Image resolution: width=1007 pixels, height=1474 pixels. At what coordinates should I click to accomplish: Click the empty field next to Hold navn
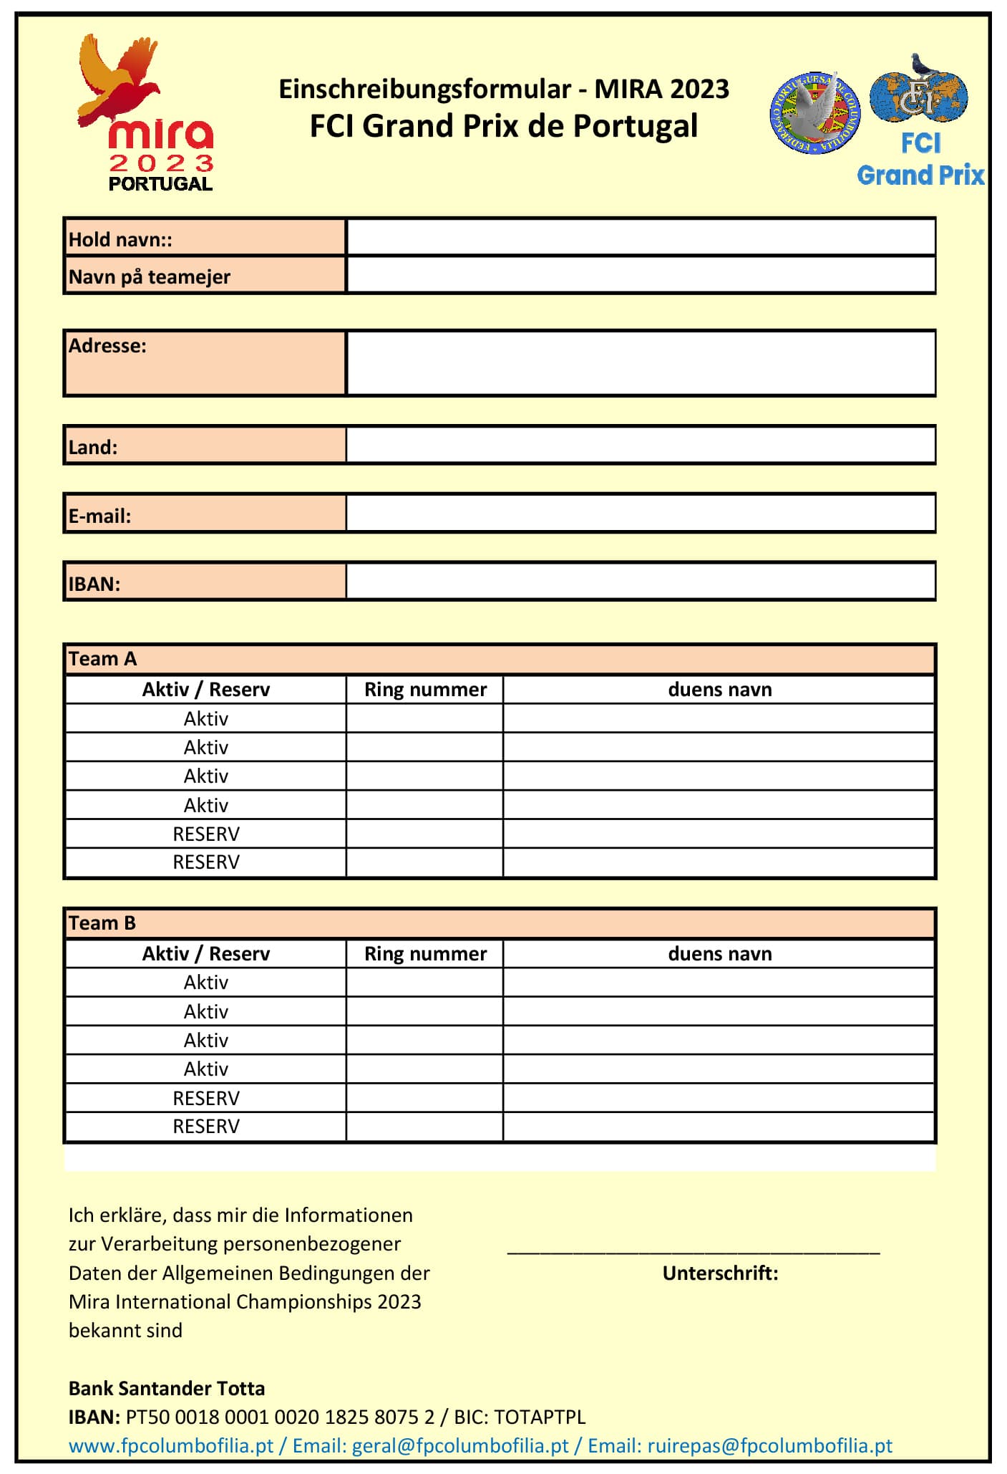pyautogui.click(x=641, y=238)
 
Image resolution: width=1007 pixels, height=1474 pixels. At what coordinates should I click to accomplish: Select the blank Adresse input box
pyautogui.click(x=641, y=362)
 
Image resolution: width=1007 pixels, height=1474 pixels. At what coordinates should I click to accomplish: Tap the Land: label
pyautogui.click(x=93, y=447)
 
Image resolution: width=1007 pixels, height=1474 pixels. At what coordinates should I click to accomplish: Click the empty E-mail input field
pyautogui.click(x=641, y=513)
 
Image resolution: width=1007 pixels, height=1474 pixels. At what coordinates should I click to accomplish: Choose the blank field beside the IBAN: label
pyautogui.click(x=641, y=581)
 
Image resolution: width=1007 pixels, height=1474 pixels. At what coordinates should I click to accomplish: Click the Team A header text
pyautogui.click(x=102, y=659)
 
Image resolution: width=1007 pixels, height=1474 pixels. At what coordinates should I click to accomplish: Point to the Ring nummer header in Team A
pyautogui.click(x=425, y=689)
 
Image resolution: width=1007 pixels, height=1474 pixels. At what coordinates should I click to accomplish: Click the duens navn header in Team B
pyautogui.click(x=719, y=953)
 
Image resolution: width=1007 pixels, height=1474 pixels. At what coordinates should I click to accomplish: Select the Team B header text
pyautogui.click(x=102, y=923)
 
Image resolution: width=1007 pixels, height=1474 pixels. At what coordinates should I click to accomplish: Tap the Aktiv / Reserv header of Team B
pyautogui.click(x=206, y=953)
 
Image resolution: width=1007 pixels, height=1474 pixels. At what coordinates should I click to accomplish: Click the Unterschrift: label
pyautogui.click(x=719, y=1273)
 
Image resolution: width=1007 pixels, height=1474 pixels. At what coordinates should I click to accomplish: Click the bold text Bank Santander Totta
pyautogui.click(x=167, y=1388)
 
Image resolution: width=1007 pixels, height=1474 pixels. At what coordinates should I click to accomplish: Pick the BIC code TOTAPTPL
pyautogui.click(x=540, y=1417)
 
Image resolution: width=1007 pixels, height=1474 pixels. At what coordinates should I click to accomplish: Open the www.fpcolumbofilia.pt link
pyautogui.click(x=171, y=1445)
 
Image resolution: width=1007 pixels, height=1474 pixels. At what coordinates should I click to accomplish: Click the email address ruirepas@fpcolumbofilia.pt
pyautogui.click(x=769, y=1445)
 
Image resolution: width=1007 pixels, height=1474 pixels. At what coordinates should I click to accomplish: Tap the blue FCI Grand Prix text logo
pyautogui.click(x=920, y=160)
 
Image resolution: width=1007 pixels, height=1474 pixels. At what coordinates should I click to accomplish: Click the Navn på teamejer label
pyautogui.click(x=150, y=276)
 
